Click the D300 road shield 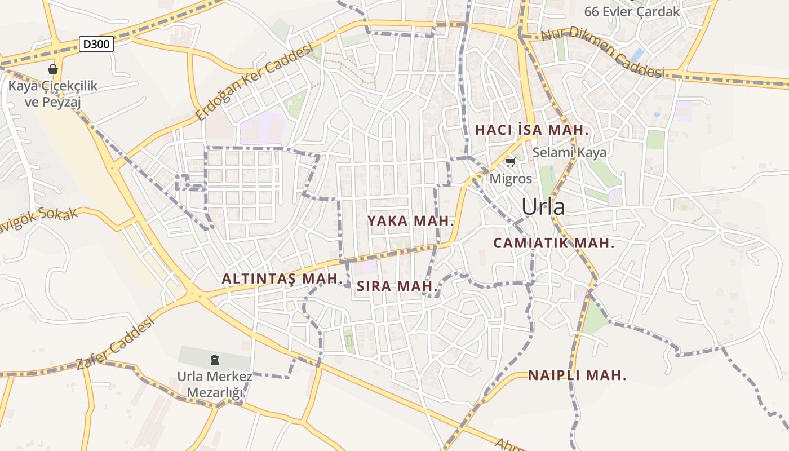[x=96, y=44]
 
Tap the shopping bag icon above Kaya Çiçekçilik [x=53, y=69]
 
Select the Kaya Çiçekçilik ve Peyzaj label [x=53, y=94]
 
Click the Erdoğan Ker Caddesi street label [x=254, y=83]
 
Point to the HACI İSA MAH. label [x=532, y=130]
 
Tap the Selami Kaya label [x=570, y=152]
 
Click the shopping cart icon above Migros [x=510, y=162]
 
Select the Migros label [x=511, y=179]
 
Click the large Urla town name [x=543, y=207]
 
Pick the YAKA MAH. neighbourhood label [x=411, y=221]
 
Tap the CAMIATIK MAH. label [x=553, y=244]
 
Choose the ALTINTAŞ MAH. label [x=282, y=278]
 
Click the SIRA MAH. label [x=397, y=286]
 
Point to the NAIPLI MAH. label [x=577, y=375]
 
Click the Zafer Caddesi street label [x=115, y=343]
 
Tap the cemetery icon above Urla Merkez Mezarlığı [x=214, y=359]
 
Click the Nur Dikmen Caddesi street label [x=602, y=52]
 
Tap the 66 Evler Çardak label [x=632, y=11]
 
